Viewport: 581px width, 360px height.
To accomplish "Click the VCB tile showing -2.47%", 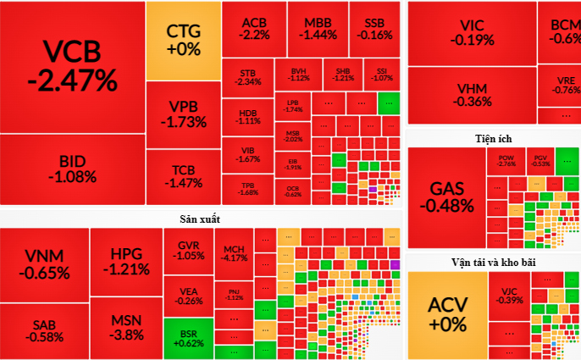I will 72,66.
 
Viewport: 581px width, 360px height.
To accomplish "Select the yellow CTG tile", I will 183,40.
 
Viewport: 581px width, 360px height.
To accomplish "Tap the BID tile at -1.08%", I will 72,169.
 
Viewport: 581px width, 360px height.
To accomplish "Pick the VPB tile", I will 183,114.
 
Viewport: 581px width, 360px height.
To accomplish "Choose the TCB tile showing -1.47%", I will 183,175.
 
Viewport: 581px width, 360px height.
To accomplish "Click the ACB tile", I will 253,29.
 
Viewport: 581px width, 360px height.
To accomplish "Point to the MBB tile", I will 318,29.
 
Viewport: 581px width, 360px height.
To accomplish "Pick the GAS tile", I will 446,197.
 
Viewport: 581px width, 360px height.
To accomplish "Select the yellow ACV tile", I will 447,314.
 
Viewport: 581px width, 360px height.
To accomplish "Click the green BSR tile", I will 188,336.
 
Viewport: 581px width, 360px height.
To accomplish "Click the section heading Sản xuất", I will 199,219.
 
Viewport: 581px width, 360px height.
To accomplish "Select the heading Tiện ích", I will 493,138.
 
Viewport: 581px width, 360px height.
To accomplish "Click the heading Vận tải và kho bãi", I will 493,262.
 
